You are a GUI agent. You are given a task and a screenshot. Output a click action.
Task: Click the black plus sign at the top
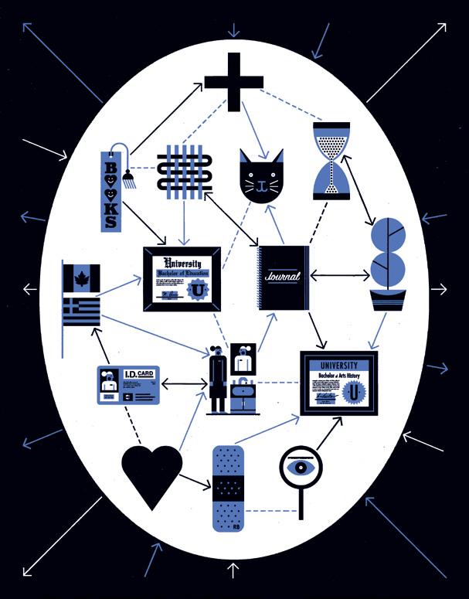click(233, 82)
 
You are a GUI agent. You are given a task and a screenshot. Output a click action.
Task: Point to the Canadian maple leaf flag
click(82, 277)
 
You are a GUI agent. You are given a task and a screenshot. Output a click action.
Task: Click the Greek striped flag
click(82, 311)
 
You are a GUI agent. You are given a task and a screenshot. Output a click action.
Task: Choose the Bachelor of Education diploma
click(182, 279)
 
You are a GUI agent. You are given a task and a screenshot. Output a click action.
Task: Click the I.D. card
click(127, 384)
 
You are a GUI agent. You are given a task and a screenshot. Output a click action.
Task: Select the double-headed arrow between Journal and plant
click(339, 274)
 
